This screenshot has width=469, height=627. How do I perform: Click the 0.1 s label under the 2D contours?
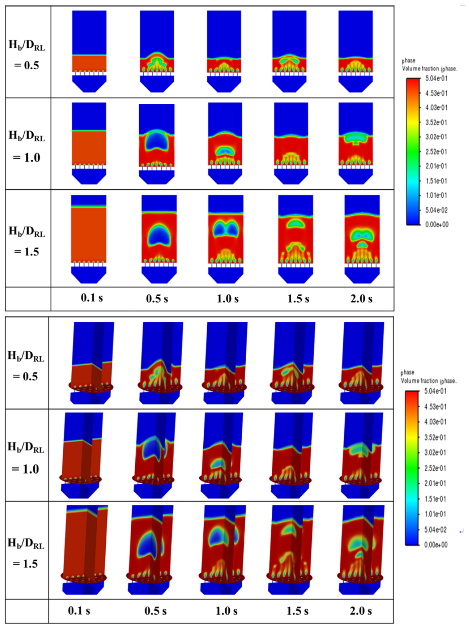pos(92,297)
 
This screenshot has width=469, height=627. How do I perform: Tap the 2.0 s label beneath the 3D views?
pos(361,611)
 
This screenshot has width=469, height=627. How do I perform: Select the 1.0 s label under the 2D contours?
pos(228,299)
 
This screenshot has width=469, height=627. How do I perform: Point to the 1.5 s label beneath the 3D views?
pos(297,611)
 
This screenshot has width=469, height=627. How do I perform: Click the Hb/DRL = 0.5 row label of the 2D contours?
pos(27,55)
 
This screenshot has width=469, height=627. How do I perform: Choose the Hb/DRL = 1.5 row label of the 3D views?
pos(26,553)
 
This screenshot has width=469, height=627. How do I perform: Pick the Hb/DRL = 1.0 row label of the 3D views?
pos(26,458)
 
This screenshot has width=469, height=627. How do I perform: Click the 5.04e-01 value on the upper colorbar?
pos(436,78)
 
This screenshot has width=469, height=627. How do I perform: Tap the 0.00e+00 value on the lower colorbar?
pos(436,545)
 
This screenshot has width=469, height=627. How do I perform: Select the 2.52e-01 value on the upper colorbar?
pos(436,152)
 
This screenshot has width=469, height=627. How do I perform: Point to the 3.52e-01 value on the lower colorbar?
pos(435,437)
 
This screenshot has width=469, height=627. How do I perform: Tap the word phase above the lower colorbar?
pos(407,372)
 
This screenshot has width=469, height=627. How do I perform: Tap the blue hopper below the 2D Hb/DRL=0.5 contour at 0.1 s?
pos(89,84)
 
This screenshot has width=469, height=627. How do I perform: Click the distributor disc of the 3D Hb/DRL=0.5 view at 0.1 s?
pos(91,387)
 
